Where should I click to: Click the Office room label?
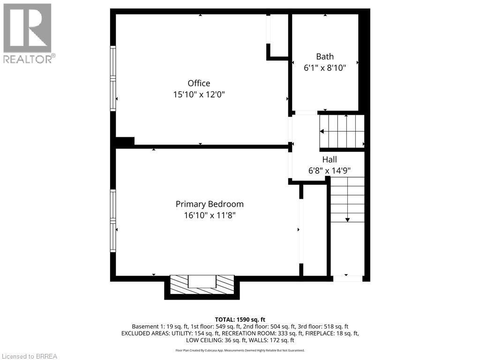pos(199,83)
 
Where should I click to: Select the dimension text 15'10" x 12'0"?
pos(199,94)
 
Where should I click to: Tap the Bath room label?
pos(325,56)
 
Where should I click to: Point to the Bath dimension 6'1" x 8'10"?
pos(325,67)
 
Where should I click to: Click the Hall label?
pos(329,159)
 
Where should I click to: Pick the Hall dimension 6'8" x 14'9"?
pos(329,171)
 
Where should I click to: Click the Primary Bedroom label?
pos(210,204)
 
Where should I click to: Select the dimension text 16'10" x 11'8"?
pos(210,215)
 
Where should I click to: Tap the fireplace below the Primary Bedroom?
pos(202,285)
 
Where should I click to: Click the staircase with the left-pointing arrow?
pos(342,131)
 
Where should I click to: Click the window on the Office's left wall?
pos(113,78)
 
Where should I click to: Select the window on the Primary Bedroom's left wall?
pos(113,220)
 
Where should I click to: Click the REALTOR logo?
pos(28,33)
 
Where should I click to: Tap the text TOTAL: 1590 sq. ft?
pos(240,319)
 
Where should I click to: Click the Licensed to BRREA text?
pos(29,356)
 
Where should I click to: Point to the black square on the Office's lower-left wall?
pos(125,141)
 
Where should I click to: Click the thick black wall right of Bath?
pos(364,61)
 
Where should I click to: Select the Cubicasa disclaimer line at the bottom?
pos(240,350)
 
